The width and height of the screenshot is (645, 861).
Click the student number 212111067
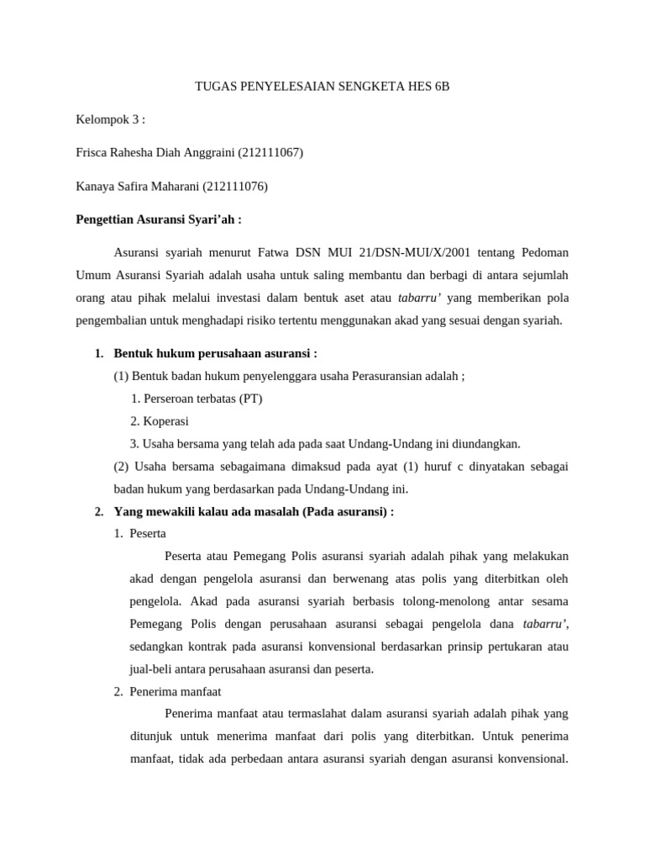coord(270,152)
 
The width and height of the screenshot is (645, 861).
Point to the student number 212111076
coord(235,186)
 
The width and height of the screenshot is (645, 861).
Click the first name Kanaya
coord(96,186)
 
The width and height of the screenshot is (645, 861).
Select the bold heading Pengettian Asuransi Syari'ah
coord(159,219)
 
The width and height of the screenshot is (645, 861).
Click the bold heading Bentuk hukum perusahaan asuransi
coord(216,353)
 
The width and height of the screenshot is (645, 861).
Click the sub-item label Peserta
coord(149,533)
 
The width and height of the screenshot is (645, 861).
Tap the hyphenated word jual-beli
coord(152,669)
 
